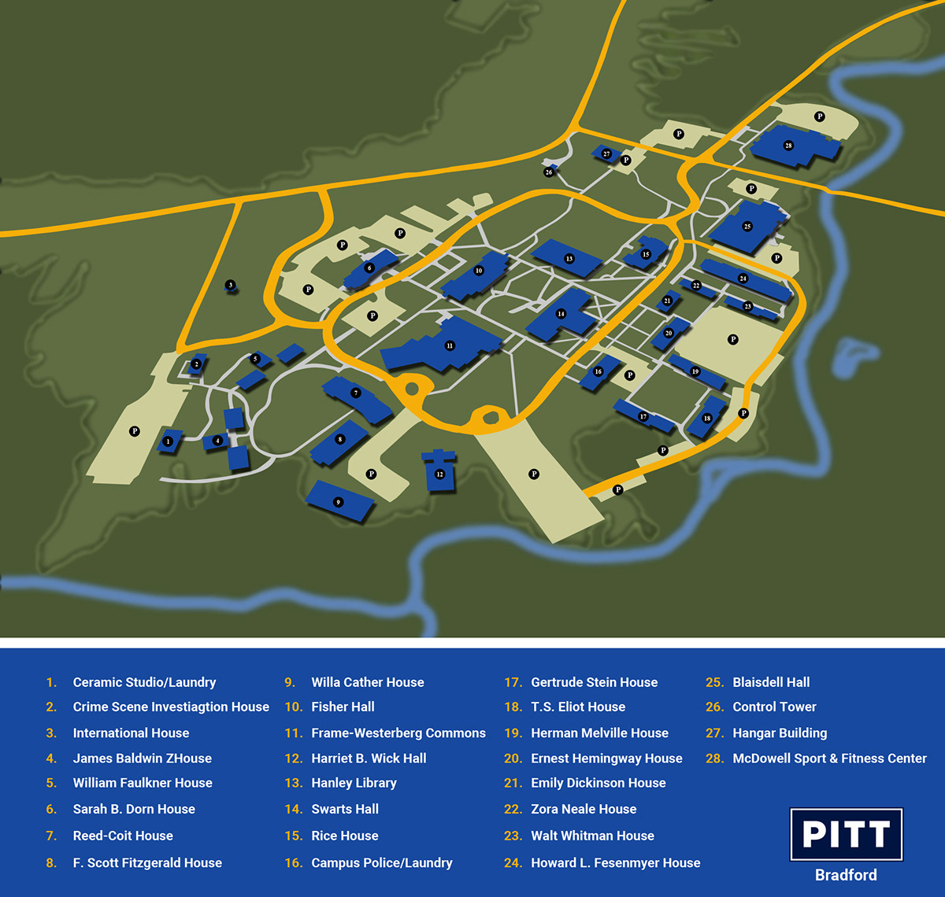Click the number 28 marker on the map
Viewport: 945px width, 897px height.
tap(788, 146)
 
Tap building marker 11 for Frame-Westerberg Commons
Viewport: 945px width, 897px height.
tap(450, 345)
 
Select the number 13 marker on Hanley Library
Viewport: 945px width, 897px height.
tap(569, 258)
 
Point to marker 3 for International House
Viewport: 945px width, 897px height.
tap(230, 285)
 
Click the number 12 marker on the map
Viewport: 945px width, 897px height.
tap(439, 474)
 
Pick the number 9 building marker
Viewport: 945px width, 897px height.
tap(338, 502)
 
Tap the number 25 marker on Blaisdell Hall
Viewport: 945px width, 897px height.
tap(747, 227)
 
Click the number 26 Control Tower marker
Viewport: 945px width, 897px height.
tap(549, 172)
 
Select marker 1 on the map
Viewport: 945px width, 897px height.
tap(168, 441)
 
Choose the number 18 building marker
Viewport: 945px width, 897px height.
tap(707, 419)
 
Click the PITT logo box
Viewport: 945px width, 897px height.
tap(846, 834)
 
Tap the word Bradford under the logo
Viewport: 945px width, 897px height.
tap(846, 875)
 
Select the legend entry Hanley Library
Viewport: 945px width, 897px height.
tap(354, 783)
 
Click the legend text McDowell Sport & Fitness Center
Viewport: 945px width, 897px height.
tap(829, 759)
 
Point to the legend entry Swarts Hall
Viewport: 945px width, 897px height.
tap(345, 809)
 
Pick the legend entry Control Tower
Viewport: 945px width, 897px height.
tap(774, 707)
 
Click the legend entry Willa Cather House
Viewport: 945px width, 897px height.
tap(367, 682)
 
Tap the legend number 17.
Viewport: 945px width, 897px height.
tap(513, 682)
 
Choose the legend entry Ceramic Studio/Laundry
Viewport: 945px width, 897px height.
tap(144, 682)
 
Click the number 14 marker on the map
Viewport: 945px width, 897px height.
tap(561, 314)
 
